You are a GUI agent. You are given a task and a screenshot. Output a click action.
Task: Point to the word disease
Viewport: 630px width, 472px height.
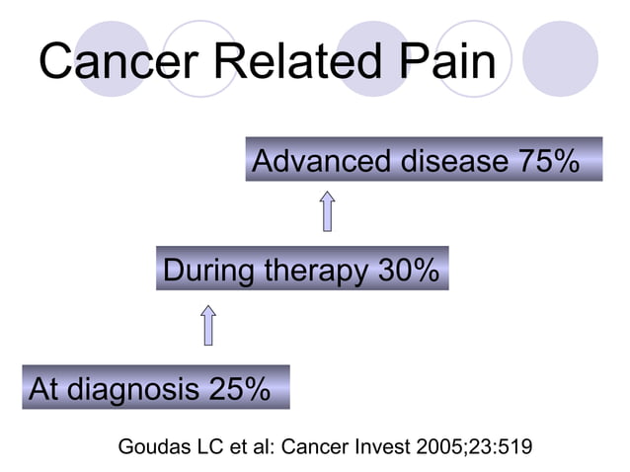[452, 161]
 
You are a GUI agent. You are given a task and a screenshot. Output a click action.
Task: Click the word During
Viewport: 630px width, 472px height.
[208, 270]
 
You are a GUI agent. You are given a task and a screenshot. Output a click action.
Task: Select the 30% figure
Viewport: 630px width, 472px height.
[408, 270]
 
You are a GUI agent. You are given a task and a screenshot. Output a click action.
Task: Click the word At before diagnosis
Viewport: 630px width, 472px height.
[43, 389]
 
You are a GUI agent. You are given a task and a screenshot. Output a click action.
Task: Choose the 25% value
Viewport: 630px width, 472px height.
[239, 389]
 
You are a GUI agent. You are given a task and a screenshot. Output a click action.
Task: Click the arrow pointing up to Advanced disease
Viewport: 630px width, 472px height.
[327, 211]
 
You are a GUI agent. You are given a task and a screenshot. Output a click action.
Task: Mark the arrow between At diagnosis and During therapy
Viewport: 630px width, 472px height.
[208, 324]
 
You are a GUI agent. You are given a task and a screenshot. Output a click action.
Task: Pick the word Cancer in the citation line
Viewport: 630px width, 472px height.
[313, 446]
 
